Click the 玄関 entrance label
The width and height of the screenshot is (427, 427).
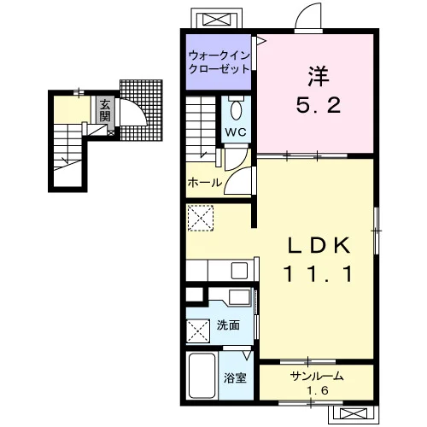pos(105,110)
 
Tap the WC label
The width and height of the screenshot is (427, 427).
pos(236,132)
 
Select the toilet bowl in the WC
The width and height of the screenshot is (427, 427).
pos(236,110)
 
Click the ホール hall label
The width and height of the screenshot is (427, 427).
pos(205,182)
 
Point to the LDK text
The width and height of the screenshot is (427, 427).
pos(319,245)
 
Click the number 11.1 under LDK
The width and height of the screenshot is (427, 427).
pos(318,274)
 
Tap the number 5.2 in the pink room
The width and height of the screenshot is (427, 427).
pos(319,105)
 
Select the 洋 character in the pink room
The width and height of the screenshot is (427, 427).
pos(319,76)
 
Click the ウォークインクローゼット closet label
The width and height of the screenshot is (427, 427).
pos(219,62)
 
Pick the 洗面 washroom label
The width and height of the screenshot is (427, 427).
pos(228,325)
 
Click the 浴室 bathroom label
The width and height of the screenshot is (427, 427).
pos(235,378)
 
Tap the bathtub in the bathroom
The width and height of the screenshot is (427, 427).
pos(202,376)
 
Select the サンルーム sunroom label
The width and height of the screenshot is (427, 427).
pos(317,377)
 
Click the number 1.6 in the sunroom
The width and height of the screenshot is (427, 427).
pos(318,390)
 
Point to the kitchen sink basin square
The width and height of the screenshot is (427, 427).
pos(239,271)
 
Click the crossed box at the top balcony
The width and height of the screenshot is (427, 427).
pos(217,20)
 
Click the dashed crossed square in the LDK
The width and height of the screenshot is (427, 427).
pos(201,218)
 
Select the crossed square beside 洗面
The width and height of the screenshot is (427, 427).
pos(198,331)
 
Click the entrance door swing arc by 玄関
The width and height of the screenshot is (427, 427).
pos(139,108)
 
